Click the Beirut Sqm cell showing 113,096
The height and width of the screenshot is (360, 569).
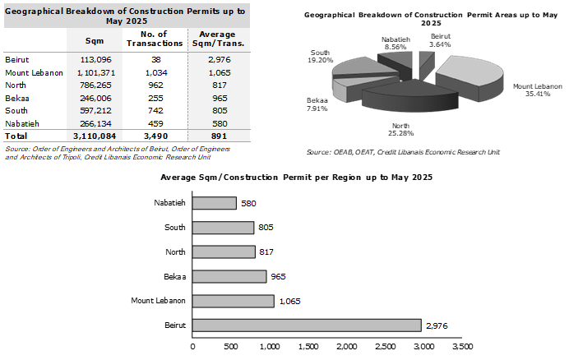click(x=95, y=59)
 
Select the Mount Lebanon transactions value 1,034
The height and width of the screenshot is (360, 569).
click(x=156, y=72)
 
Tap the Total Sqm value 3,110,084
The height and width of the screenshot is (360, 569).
click(x=95, y=136)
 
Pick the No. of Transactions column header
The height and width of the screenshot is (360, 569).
click(x=155, y=39)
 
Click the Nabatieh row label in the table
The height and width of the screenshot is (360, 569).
click(x=22, y=124)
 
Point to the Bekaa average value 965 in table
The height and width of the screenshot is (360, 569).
click(x=220, y=98)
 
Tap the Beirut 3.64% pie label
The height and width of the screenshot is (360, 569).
click(x=440, y=40)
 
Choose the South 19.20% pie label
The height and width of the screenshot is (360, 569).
click(x=320, y=56)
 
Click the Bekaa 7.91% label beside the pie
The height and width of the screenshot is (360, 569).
click(x=317, y=104)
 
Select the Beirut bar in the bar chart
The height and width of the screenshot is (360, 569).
click(x=307, y=325)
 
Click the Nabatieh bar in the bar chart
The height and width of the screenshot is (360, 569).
click(x=214, y=203)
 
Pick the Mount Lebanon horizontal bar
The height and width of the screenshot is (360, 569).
click(x=233, y=301)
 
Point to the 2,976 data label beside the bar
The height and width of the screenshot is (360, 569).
click(x=437, y=325)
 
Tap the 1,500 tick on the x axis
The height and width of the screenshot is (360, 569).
click(x=308, y=347)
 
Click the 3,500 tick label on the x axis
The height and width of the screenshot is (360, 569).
click(x=463, y=347)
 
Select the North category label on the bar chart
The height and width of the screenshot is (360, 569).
click(x=175, y=252)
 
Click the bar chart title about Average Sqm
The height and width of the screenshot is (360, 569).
click(x=297, y=178)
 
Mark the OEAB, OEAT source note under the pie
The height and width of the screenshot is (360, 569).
click(x=403, y=152)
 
